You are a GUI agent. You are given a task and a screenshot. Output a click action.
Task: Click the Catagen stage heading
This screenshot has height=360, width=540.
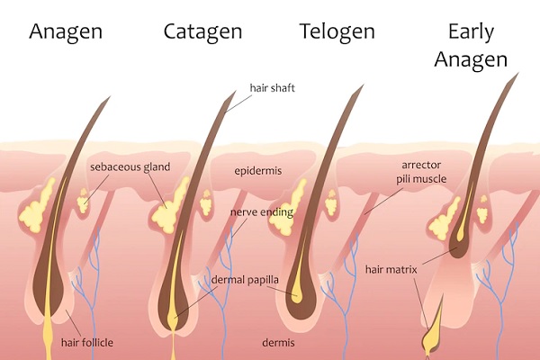pyautogui.click(x=202, y=32)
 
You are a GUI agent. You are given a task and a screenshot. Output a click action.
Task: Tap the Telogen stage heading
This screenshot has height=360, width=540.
pyautogui.click(x=337, y=31)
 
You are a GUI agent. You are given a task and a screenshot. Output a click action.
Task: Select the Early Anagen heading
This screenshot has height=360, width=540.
pyautogui.click(x=471, y=46)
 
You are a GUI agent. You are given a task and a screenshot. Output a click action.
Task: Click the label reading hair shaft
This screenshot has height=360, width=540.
pyautogui.click(x=273, y=88)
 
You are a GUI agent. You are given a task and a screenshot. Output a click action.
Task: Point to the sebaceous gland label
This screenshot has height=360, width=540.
pyautogui.click(x=130, y=167)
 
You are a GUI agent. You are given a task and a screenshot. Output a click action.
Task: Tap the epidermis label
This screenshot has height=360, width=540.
pyautogui.click(x=258, y=171)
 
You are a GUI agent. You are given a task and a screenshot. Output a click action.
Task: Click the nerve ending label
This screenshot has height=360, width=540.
pyautogui.click(x=262, y=212)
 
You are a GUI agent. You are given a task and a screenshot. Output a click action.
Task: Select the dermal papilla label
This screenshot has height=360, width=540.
pyautogui.click(x=245, y=280)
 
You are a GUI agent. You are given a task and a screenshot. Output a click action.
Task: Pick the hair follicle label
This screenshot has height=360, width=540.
pyautogui.click(x=87, y=342)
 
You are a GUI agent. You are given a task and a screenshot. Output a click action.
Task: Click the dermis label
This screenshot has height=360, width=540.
pyautogui.click(x=278, y=342)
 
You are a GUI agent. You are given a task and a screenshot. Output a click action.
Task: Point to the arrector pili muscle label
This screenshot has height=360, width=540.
pyautogui.click(x=421, y=172)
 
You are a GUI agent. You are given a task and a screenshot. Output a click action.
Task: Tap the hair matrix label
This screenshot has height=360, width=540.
pyautogui.click(x=391, y=269)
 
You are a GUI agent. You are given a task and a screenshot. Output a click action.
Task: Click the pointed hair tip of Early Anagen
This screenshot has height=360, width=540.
pyautogui.click(x=518, y=73)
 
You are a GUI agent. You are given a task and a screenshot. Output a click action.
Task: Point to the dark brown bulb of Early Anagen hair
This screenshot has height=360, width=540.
pyautogui.click(x=457, y=241)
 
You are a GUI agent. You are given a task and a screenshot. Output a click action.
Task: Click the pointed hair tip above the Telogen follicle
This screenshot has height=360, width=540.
pyautogui.click(x=363, y=85)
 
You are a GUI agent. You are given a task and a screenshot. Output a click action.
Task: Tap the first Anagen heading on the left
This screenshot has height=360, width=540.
pyautogui.click(x=66, y=32)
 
